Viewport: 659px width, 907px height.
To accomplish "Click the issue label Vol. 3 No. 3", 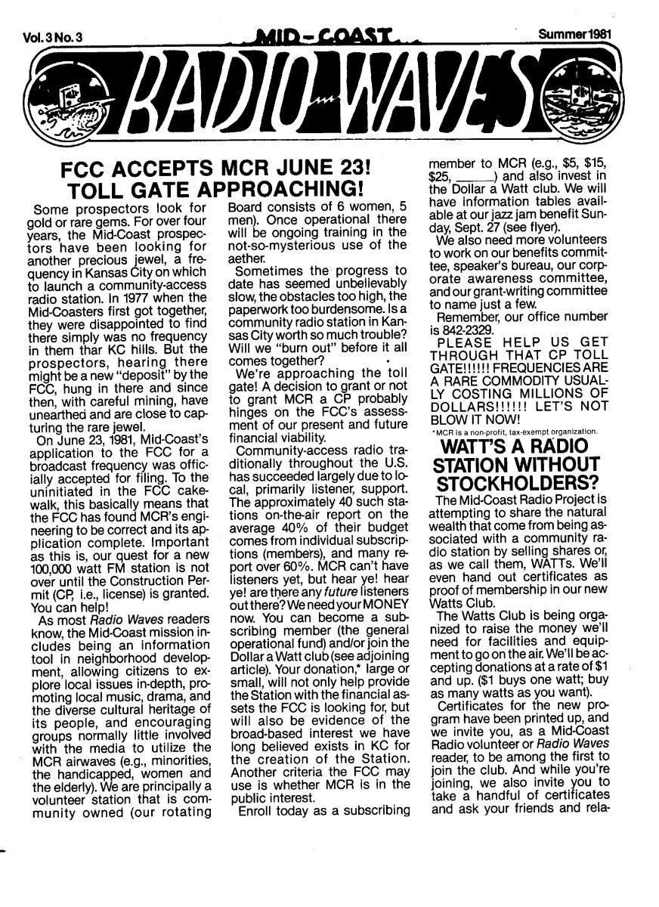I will (x=54, y=38).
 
